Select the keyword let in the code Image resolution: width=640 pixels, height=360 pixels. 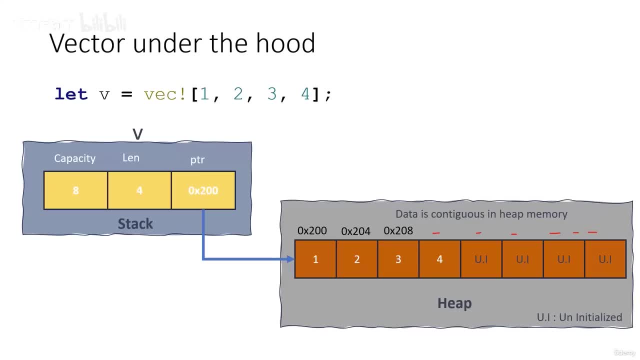(x=71, y=94)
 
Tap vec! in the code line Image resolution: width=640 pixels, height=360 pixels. (x=164, y=94)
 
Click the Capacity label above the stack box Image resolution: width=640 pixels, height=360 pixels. (x=74, y=158)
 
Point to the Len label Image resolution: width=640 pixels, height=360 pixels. (x=131, y=158)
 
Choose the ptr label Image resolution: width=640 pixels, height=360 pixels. (x=197, y=160)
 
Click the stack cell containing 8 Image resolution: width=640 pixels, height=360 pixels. (x=75, y=190)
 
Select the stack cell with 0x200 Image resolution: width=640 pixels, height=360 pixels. (x=203, y=190)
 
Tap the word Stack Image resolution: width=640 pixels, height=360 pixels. (x=135, y=223)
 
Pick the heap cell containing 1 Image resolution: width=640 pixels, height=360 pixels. (x=315, y=259)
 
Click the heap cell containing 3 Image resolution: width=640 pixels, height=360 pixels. (x=398, y=259)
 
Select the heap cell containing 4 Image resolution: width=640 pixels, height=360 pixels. (x=439, y=259)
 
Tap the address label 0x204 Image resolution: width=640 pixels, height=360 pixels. (x=355, y=231)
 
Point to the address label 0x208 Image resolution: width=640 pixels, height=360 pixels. (x=398, y=230)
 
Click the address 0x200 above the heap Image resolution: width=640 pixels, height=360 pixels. (x=312, y=230)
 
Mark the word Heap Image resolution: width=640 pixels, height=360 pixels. (x=454, y=303)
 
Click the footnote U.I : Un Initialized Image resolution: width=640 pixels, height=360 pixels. (x=579, y=317)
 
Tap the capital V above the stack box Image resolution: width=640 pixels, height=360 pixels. (x=137, y=134)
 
